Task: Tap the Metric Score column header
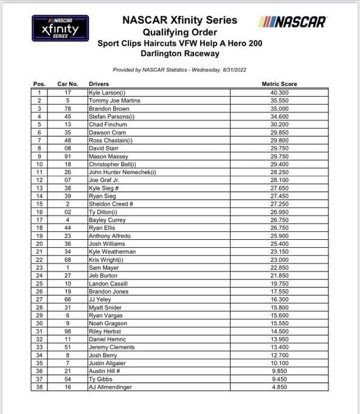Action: coord(280,84)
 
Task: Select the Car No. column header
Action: coord(68,84)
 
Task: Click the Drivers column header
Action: coord(99,84)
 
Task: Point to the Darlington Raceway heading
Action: coord(180,55)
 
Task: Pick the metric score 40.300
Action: coord(279,93)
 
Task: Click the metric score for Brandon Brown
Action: coord(279,108)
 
